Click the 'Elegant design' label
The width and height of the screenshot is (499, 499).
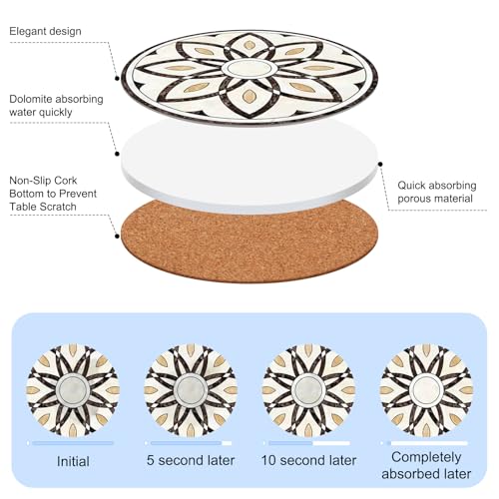click(x=45, y=31)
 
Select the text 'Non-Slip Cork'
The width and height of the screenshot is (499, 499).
click(x=43, y=181)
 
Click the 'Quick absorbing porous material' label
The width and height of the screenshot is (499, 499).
click(x=437, y=192)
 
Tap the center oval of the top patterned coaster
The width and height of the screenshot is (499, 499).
click(x=249, y=70)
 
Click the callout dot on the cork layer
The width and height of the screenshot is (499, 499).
click(x=117, y=237)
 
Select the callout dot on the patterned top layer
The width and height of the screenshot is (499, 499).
click(x=117, y=79)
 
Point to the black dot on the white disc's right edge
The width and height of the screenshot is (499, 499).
click(x=380, y=164)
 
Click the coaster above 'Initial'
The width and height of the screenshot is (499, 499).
click(x=73, y=390)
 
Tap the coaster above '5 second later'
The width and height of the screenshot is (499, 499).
click(x=191, y=390)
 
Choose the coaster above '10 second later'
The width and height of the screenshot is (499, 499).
click(x=308, y=390)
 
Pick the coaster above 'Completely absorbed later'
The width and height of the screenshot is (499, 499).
click(x=426, y=390)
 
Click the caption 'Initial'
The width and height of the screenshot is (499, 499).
click(x=73, y=461)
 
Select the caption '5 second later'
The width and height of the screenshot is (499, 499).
click(x=191, y=460)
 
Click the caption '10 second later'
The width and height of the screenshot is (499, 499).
click(x=308, y=460)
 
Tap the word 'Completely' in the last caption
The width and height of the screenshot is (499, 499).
click(x=426, y=457)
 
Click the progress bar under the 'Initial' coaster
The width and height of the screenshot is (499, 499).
click(x=73, y=443)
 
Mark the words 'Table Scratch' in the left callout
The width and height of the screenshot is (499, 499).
click(x=43, y=207)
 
